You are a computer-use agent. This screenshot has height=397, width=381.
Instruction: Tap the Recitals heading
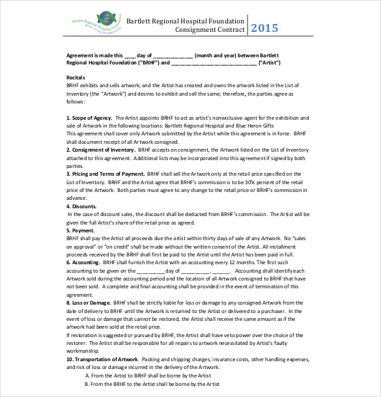(x=76, y=77)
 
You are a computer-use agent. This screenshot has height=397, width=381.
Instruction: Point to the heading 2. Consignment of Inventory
(x=100, y=149)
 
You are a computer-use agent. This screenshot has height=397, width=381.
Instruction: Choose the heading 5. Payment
(x=80, y=230)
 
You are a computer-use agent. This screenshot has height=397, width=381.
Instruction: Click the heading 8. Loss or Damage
(x=89, y=303)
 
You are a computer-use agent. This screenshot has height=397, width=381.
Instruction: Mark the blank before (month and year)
(x=174, y=55)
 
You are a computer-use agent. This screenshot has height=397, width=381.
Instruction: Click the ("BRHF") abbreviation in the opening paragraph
(x=147, y=63)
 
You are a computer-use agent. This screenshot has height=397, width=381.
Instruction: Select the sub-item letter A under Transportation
(x=87, y=376)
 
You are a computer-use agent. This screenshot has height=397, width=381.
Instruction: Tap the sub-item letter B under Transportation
(x=87, y=384)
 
